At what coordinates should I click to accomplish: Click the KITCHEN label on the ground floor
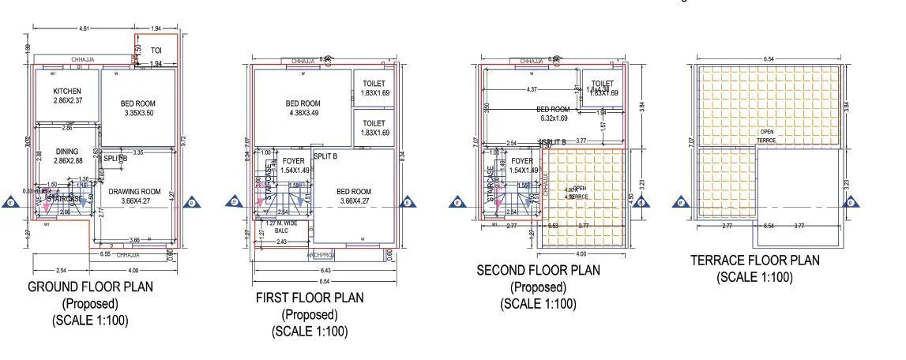67,91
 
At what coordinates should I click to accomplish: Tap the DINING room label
67,152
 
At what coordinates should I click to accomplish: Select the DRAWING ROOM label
134,192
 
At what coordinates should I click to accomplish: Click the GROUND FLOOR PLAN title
91,286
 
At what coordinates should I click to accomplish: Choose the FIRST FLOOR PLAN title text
310,298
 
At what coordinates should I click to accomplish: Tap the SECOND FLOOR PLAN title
538,270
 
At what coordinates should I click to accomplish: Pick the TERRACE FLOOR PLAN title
754,260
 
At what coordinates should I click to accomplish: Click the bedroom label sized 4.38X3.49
303,103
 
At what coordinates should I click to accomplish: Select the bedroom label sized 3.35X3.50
139,103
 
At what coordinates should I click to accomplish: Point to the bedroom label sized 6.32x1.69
553,110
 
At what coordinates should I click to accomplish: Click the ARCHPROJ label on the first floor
321,254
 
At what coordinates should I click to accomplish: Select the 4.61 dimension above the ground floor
84,28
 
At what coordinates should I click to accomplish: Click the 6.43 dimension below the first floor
326,271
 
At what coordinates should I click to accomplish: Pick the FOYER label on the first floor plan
293,161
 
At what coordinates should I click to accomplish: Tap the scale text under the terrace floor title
754,276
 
